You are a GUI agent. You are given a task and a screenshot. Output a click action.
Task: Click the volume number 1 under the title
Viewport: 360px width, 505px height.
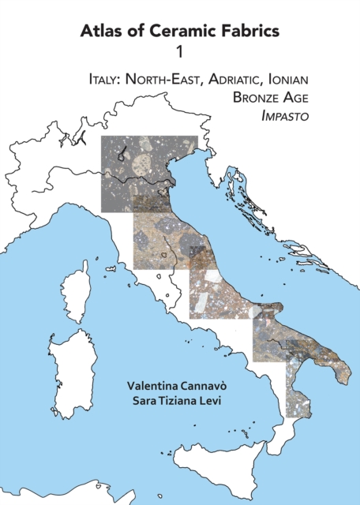pos(180,53)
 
